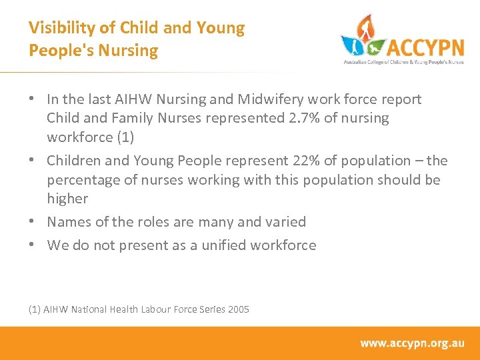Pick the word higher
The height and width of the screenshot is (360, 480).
67,199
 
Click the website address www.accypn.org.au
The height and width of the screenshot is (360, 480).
412,343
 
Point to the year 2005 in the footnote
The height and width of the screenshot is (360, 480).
238,309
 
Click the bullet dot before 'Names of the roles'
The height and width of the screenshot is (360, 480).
33,222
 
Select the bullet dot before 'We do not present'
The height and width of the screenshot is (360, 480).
33,245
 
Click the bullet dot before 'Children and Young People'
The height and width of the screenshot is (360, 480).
33,161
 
